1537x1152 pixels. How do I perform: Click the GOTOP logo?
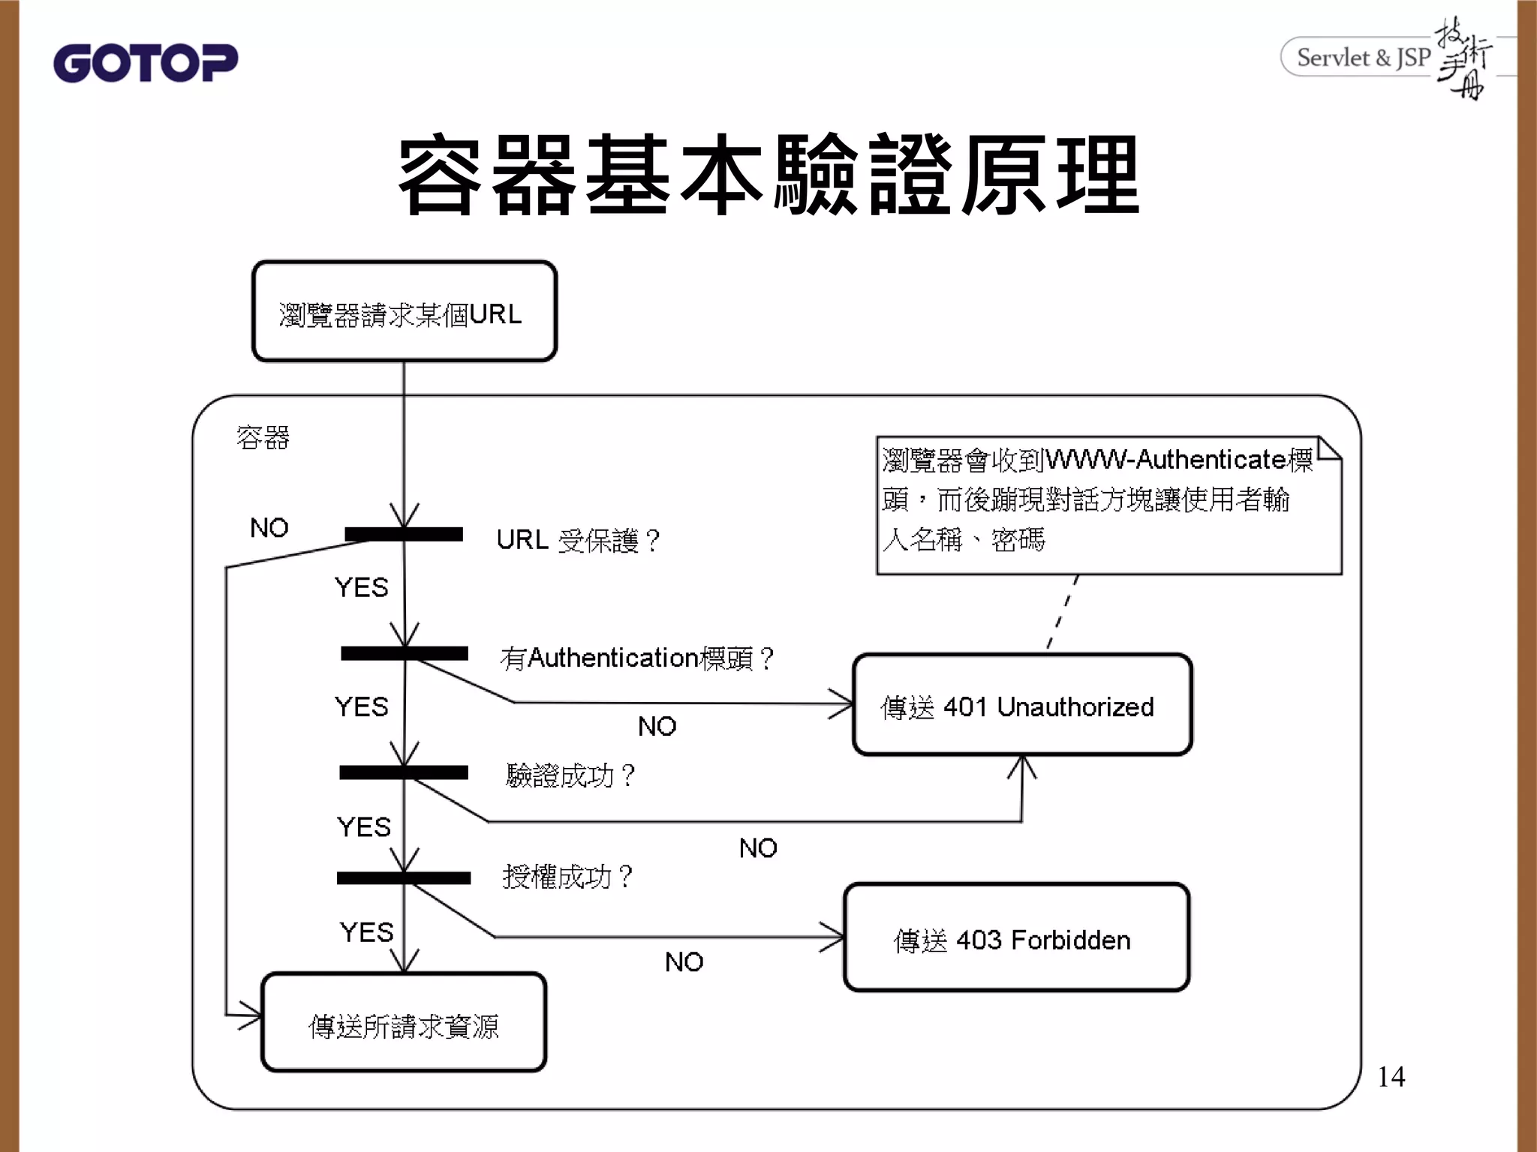[x=145, y=62]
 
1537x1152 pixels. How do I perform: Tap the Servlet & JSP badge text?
[x=1363, y=58]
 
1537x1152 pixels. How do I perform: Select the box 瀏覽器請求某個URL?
[x=404, y=312]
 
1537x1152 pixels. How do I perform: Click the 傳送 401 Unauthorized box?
[x=1021, y=705]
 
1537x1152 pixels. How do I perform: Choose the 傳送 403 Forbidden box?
[x=1016, y=938]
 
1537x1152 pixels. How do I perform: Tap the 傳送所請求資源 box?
[x=404, y=1023]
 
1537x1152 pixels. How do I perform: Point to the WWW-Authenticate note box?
[x=1108, y=505]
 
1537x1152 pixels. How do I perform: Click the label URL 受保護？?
[x=578, y=540]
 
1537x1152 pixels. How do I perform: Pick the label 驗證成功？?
[x=570, y=775]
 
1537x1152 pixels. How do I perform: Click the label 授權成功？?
[x=568, y=876]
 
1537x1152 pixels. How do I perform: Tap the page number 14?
[x=1391, y=1077]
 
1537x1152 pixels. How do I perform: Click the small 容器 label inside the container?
[x=263, y=437]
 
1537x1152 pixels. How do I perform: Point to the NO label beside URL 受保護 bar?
[x=269, y=528]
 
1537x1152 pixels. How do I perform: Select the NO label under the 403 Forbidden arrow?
[x=684, y=962]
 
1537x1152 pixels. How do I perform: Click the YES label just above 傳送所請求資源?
[x=366, y=932]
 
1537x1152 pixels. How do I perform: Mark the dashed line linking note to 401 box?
[x=1063, y=611]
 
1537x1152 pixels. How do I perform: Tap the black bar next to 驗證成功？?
[x=404, y=772]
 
